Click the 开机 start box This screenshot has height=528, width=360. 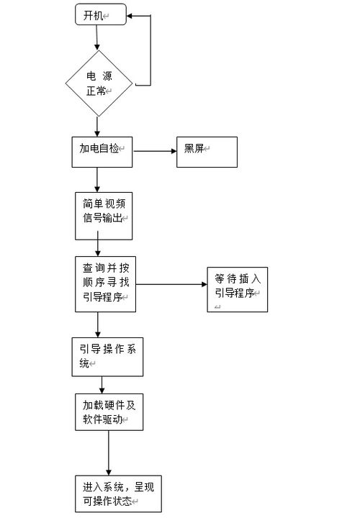[x=101, y=14]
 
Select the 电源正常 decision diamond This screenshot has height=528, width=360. [x=99, y=83]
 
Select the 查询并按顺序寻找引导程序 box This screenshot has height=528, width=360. [x=105, y=284]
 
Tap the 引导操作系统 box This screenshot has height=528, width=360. [x=107, y=357]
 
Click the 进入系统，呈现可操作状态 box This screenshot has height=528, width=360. [x=118, y=493]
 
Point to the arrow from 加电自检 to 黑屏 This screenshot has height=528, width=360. [x=155, y=151]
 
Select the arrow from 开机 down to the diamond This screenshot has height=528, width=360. [x=99, y=37]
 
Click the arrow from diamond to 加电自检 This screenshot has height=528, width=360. [x=99, y=127]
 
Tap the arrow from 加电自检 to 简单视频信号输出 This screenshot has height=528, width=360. [x=99, y=179]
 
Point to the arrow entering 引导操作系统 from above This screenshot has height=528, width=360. [x=99, y=324]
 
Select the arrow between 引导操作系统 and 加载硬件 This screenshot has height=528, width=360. [x=102, y=384]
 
